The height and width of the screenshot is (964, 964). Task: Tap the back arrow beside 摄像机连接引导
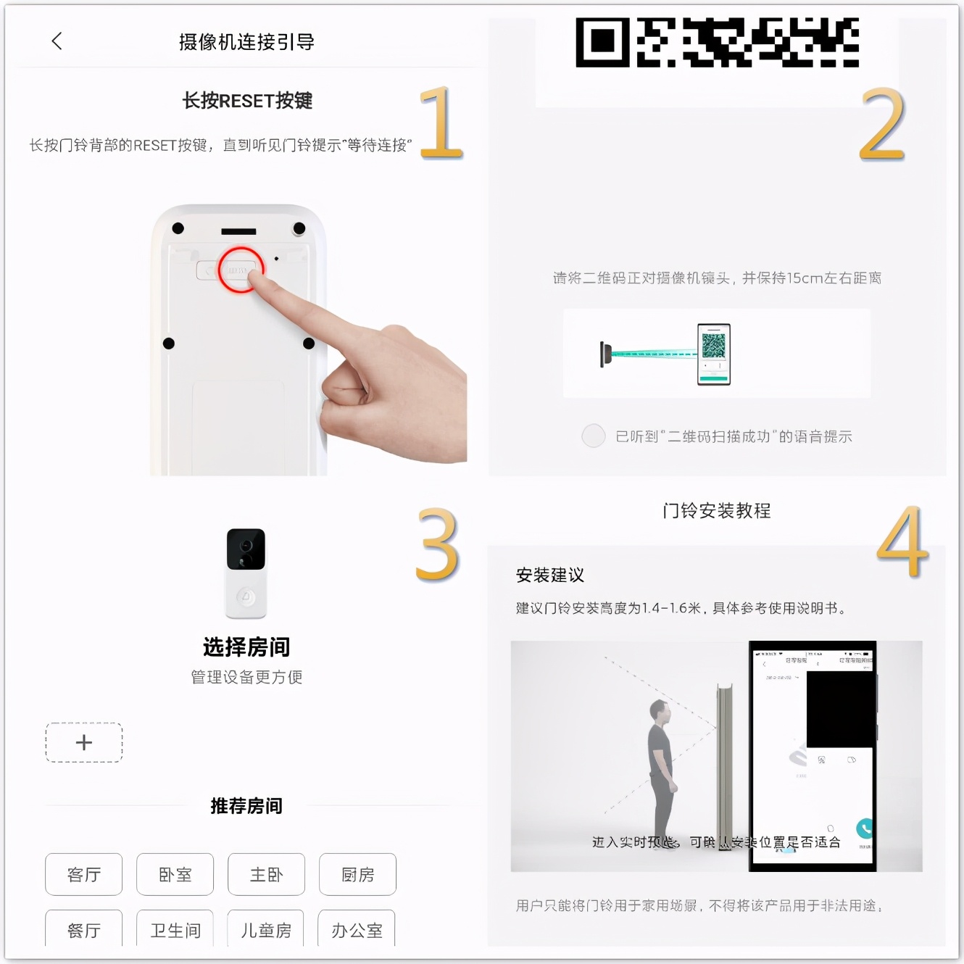57,41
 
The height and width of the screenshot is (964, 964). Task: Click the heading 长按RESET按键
247,101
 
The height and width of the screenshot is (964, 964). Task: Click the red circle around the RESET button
240,270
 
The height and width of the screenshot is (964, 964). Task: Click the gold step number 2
882,124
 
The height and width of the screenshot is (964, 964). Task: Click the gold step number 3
438,545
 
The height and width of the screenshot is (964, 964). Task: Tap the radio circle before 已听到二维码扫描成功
594,436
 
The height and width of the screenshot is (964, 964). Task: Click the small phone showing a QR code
713,354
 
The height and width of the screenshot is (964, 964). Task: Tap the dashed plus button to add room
84,742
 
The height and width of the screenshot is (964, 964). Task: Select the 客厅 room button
84,874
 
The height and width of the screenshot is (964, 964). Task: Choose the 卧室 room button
175,874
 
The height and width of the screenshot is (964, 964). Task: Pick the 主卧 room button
266,874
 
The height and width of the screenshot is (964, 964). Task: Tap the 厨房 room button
357,874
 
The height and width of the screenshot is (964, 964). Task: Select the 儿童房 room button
266,929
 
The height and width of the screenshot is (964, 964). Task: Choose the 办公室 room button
357,929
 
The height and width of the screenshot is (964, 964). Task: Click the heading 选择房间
246,647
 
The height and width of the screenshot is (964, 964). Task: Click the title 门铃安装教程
716,511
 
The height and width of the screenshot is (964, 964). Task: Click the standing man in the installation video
661,768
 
